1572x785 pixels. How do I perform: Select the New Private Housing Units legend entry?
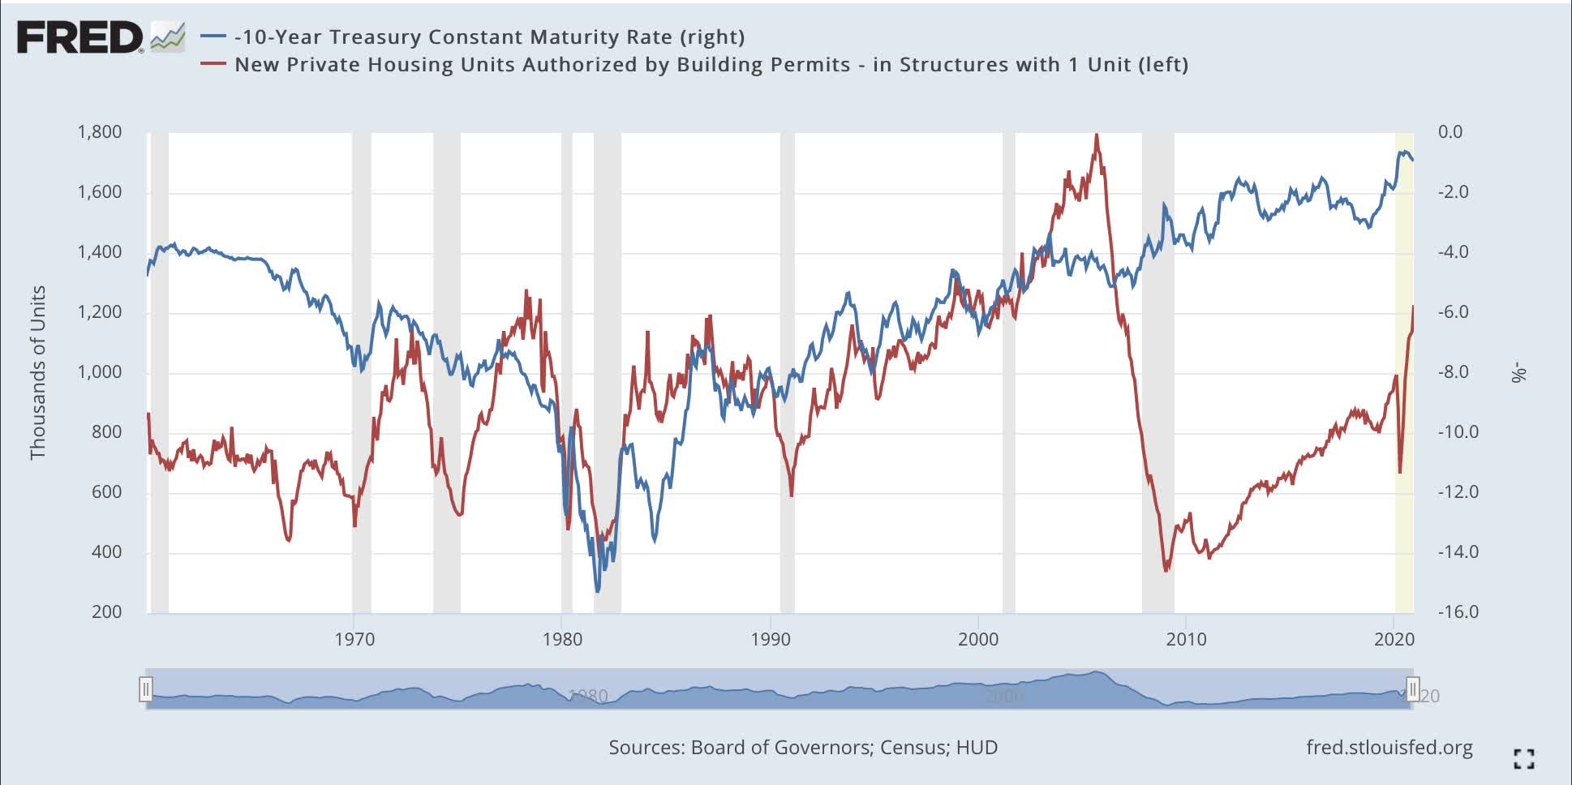(711, 65)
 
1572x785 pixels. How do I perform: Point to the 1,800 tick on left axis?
(100, 132)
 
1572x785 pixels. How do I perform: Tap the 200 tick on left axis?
(106, 612)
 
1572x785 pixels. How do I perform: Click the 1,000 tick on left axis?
(100, 372)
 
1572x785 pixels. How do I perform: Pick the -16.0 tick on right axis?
(1458, 612)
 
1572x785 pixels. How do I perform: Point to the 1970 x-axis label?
(354, 640)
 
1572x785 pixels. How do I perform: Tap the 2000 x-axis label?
(978, 640)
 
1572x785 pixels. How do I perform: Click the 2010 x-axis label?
(1186, 640)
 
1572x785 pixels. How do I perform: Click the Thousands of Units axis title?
(37, 372)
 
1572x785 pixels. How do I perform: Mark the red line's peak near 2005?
(1097, 135)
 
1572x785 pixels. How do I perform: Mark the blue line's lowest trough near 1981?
(598, 591)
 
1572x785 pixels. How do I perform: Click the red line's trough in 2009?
(1166, 571)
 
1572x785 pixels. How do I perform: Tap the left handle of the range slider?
(145, 690)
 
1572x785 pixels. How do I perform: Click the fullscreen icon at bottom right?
(1523, 759)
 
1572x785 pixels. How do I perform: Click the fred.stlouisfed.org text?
(1389, 748)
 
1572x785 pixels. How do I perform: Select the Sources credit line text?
(802, 748)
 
